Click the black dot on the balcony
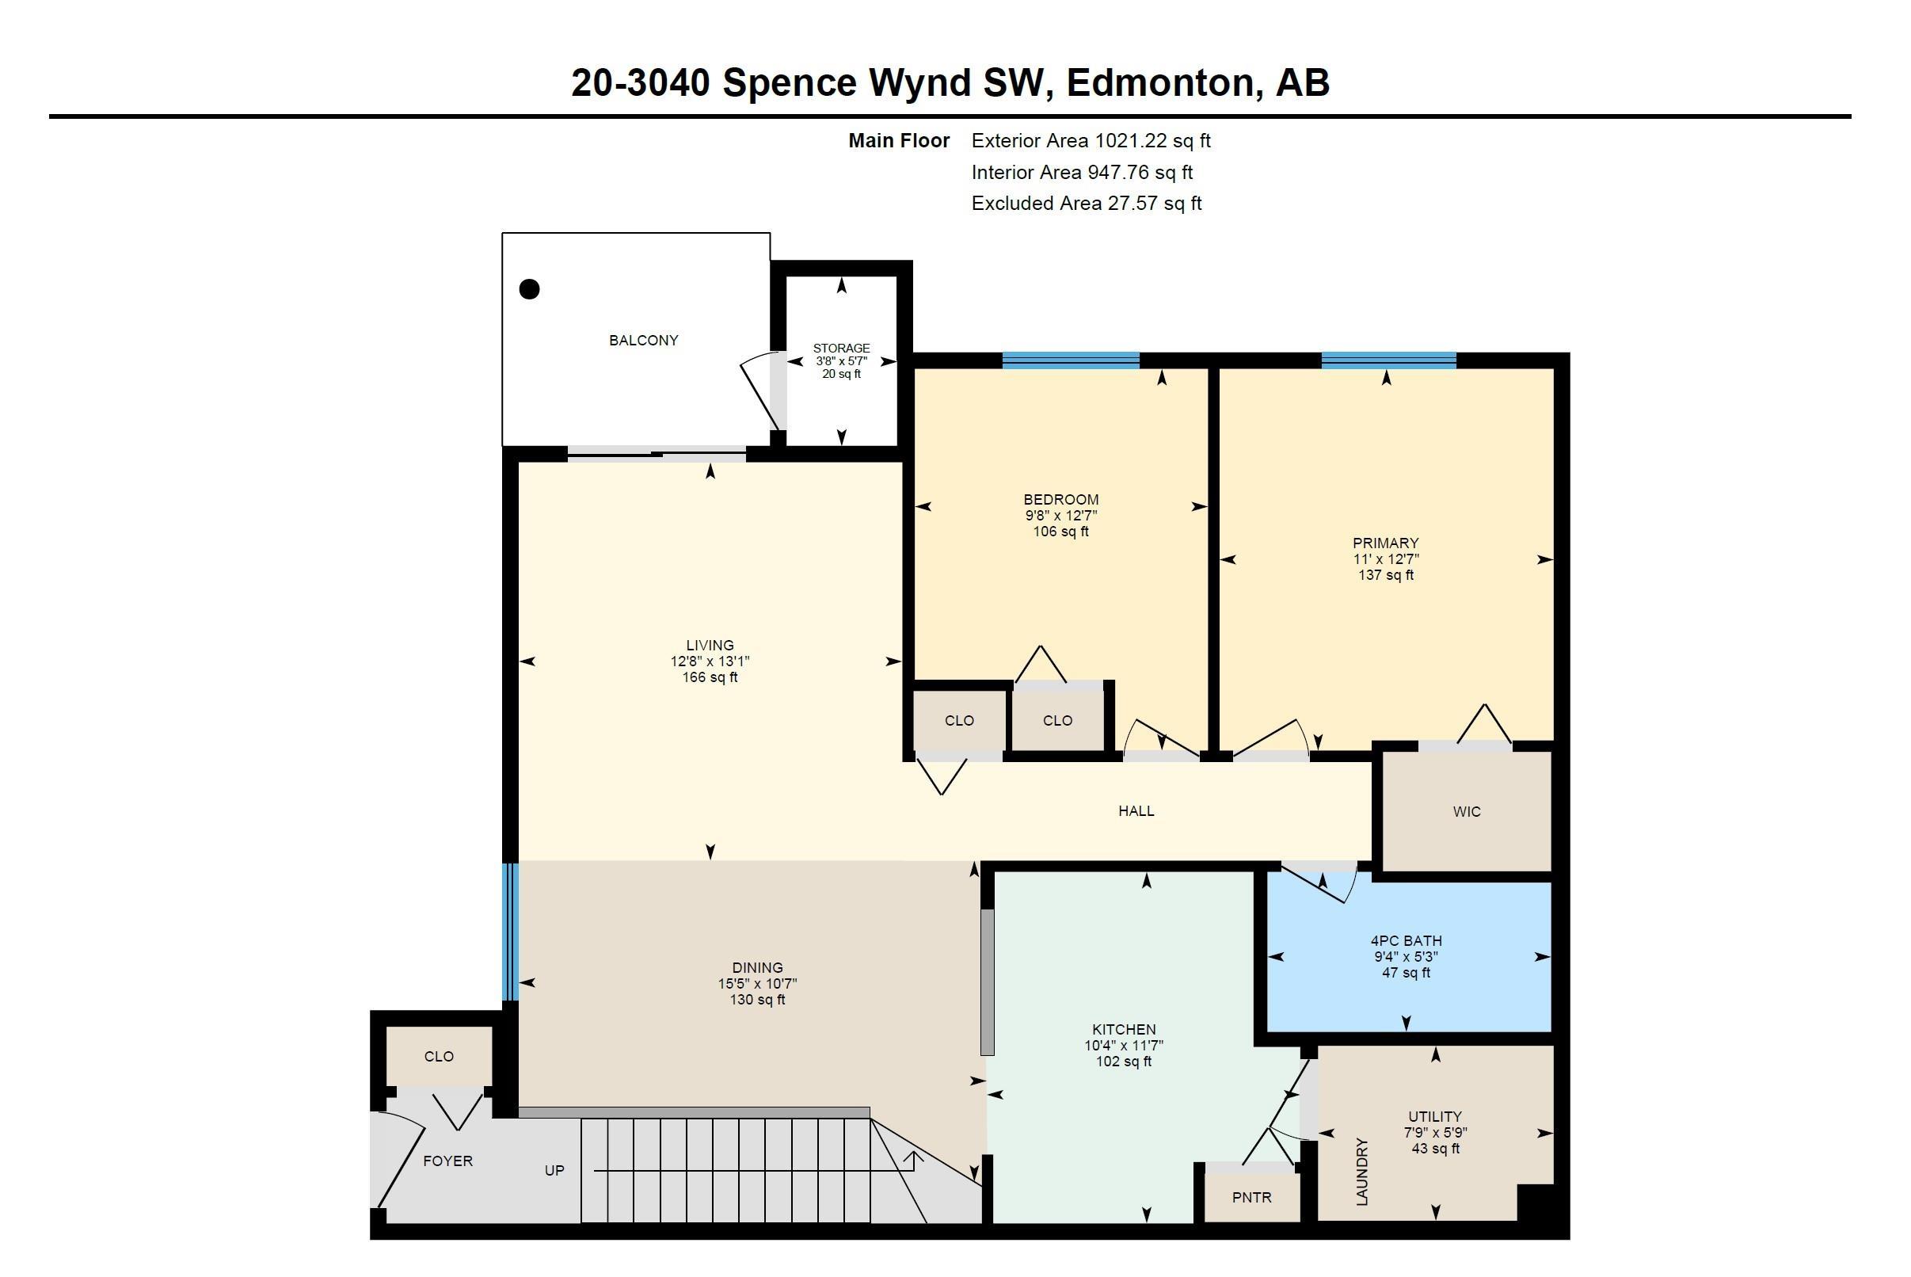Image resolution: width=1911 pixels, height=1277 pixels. [x=529, y=288]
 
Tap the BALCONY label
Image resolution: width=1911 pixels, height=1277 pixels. [x=643, y=341]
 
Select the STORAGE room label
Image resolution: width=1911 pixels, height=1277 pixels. [x=841, y=348]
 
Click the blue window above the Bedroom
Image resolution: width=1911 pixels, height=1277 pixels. [x=1070, y=360]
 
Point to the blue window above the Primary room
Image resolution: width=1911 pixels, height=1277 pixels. [x=1388, y=360]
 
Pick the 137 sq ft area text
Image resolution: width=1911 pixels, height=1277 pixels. [x=1386, y=575]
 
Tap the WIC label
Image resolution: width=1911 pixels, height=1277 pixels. [x=1467, y=811]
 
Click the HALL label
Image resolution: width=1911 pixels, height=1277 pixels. [x=1136, y=810]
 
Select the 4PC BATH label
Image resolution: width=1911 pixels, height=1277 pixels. [x=1407, y=940]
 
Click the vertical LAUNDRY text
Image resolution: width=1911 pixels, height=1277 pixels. [x=1362, y=1171]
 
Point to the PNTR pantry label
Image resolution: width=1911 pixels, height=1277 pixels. [x=1251, y=1197]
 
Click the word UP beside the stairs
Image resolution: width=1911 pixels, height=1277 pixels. [x=554, y=1170]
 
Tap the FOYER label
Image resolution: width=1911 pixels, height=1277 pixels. [x=447, y=1161]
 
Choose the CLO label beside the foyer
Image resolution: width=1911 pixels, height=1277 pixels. [x=439, y=1056]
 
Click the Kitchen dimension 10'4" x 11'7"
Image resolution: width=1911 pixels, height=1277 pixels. [x=1124, y=1045]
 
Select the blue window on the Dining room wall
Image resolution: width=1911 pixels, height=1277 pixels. [x=510, y=931]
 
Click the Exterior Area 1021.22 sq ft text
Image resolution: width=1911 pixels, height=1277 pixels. [x=1091, y=141]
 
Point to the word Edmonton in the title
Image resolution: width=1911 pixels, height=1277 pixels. [x=1159, y=82]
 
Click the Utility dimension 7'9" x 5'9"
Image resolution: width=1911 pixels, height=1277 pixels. [x=1436, y=1132]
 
